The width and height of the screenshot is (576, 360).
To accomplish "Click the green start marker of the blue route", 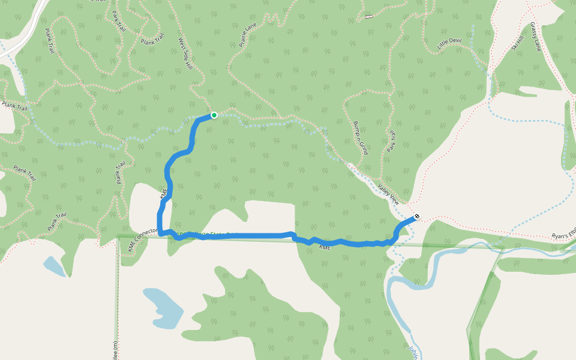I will click(214, 115).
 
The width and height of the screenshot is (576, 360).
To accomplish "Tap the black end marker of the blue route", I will click(417, 216).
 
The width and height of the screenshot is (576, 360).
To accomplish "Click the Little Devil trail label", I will click(450, 43).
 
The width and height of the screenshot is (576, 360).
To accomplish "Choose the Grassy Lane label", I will click(535, 37).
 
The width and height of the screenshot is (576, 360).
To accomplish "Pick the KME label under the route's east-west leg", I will click(325, 247).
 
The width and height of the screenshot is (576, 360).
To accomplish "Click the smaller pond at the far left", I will click(54, 266).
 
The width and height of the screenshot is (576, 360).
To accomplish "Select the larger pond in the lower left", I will click(164, 307).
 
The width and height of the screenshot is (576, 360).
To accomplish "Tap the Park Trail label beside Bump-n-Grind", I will click(391, 141).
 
